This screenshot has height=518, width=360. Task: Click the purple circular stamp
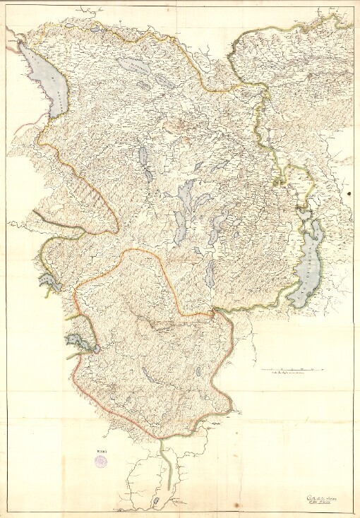coord(102,459)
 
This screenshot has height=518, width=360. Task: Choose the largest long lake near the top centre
coord(135,66)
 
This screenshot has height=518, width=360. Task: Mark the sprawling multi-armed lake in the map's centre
coord(186,205)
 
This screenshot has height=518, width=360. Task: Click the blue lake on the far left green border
coord(47,282)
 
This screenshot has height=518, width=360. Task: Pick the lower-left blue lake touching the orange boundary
coord(80,344)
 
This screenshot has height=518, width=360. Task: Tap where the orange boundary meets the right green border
coord(215,311)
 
